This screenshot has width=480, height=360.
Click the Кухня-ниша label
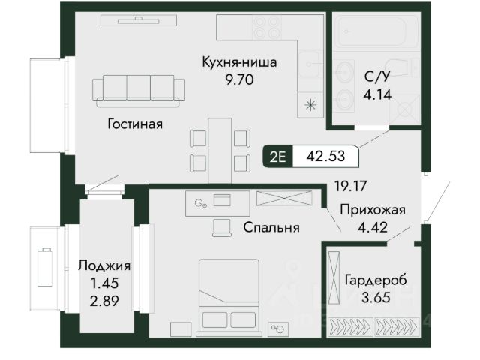click(x=239, y=62)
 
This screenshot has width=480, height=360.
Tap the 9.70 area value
click(x=239, y=79)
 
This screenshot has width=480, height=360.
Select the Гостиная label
click(x=135, y=124)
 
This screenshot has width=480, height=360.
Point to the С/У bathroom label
click(x=377, y=76)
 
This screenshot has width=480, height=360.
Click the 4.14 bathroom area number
click(x=377, y=94)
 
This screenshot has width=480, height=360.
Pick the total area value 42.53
click(x=325, y=156)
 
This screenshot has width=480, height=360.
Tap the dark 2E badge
click(x=278, y=157)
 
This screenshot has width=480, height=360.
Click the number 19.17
click(x=350, y=186)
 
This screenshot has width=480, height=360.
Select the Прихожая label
click(x=373, y=210)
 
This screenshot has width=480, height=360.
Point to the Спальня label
click(x=271, y=227)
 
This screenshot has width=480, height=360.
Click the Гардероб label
click(x=376, y=280)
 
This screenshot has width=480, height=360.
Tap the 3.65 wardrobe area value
click(x=376, y=297)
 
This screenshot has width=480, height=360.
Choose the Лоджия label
click(x=104, y=265)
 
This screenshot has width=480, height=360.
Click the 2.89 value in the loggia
click(x=104, y=301)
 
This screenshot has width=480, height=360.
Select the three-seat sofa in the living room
click(x=138, y=91)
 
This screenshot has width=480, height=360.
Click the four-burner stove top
click(x=266, y=28)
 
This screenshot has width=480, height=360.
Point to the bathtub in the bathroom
click(x=376, y=31)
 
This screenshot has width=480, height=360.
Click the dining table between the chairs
click(x=220, y=151)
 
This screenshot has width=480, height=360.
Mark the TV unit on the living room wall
click(x=139, y=20)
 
